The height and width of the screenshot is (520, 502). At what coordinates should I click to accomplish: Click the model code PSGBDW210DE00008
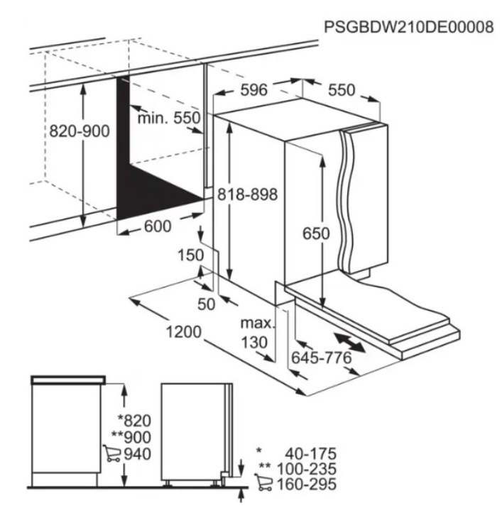click(408, 27)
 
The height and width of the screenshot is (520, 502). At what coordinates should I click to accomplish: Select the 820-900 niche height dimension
click(80, 131)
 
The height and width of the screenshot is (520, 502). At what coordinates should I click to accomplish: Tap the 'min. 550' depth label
click(169, 118)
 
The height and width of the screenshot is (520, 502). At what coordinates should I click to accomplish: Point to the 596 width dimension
click(253, 90)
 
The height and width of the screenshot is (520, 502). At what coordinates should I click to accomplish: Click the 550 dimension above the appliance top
click(342, 90)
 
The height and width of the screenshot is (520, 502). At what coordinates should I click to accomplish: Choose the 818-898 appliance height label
click(247, 194)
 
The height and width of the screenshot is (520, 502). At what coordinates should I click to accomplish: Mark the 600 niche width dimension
click(158, 226)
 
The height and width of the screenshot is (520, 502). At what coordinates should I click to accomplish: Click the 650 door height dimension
click(316, 233)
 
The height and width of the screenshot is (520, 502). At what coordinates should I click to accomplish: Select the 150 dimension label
click(190, 255)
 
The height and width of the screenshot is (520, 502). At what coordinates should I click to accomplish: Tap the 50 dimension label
click(206, 304)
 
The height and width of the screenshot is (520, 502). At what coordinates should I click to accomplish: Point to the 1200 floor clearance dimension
click(184, 331)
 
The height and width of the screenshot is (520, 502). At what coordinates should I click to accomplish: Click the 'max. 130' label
click(258, 333)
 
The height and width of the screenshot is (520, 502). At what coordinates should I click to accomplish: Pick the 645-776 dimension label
click(322, 358)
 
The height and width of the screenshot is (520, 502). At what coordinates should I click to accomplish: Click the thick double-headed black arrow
click(349, 343)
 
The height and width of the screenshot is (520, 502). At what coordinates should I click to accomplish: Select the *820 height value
click(134, 421)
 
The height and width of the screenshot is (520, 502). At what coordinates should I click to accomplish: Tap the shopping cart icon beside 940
click(112, 453)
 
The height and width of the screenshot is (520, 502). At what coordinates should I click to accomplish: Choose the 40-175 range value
click(311, 453)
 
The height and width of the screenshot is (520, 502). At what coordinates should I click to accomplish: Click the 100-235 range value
click(307, 469)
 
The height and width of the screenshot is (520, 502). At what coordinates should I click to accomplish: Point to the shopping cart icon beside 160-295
click(263, 482)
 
